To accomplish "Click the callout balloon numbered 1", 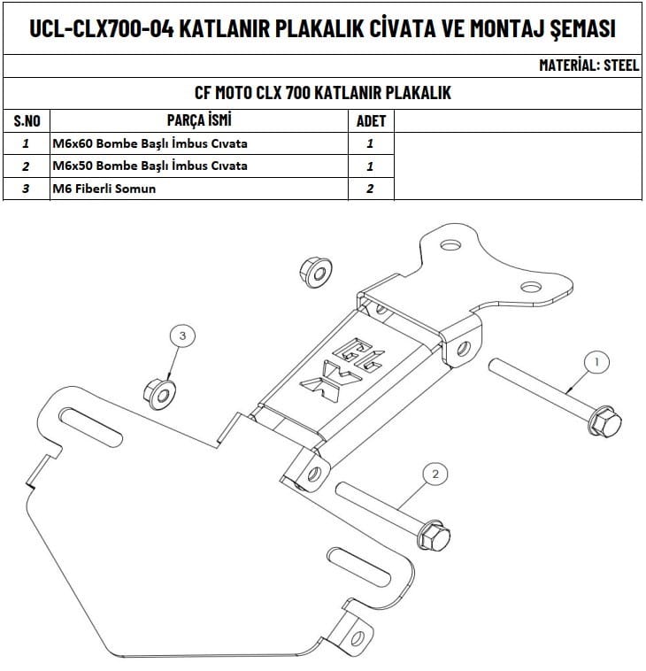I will [596, 361].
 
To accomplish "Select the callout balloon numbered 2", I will [435, 474].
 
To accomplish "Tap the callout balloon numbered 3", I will [181, 335].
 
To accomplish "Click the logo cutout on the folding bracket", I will [333, 365].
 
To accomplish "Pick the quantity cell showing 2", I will [370, 189].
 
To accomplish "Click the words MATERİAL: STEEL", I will [588, 66].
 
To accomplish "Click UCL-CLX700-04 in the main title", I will [100, 28].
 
